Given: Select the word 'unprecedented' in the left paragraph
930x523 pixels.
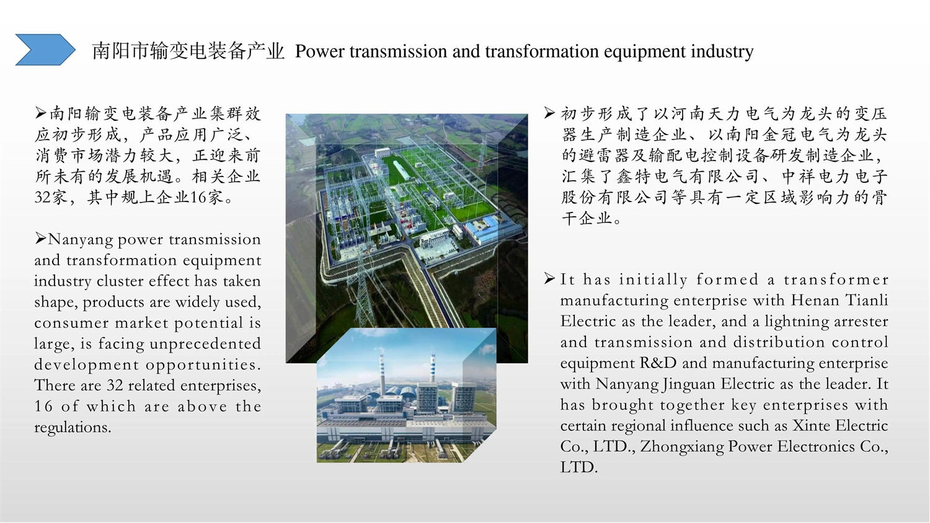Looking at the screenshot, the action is point(205,344).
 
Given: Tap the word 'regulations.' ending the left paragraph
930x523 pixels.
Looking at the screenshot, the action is point(73,427).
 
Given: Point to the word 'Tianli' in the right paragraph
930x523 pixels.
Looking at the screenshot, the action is point(867,300).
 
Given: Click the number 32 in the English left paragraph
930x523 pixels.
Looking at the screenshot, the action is point(115,385).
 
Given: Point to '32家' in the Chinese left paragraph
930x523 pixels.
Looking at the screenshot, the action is point(50,197).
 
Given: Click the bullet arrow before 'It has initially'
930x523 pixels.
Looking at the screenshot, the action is point(550,278).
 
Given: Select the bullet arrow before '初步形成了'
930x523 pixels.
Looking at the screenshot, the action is point(550,113).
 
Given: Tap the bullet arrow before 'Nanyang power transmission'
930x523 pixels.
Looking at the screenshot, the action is point(40,238).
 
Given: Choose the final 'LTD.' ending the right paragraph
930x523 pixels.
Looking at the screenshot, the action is point(578,467).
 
